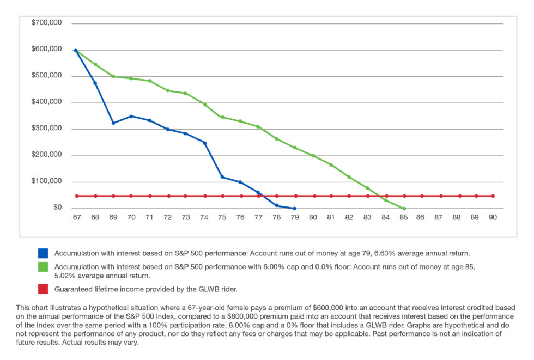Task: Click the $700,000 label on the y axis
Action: tap(46, 23)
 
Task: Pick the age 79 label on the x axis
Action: tap(294, 217)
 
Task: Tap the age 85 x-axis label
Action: tap(404, 217)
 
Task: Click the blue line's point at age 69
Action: tap(113, 123)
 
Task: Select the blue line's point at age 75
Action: tap(222, 177)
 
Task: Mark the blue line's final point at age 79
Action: tap(294, 209)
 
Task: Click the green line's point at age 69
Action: tap(113, 76)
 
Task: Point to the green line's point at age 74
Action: tap(205, 104)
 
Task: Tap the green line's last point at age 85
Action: tap(404, 209)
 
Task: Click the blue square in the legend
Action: tap(43, 253)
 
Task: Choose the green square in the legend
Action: tap(43, 267)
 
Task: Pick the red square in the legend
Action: tap(43, 288)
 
